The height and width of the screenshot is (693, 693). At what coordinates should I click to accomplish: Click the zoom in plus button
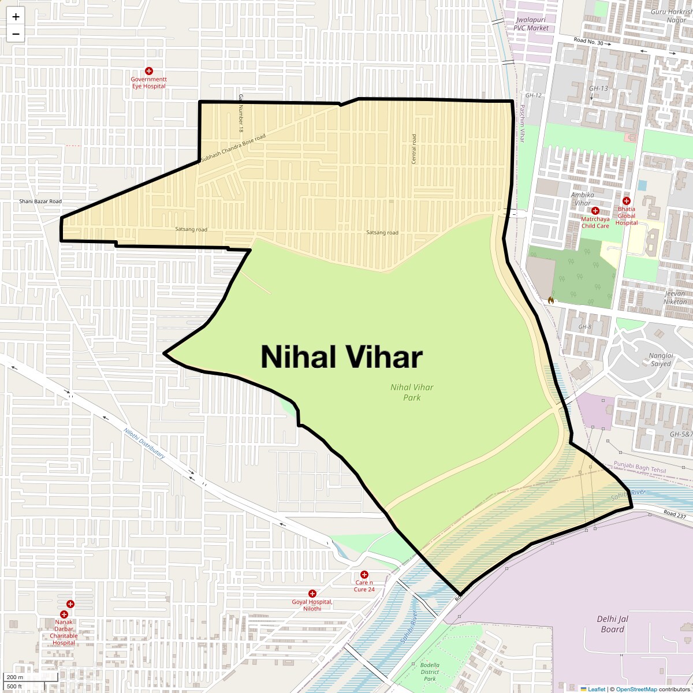tap(16, 17)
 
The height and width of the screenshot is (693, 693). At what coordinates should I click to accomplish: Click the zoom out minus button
tap(16, 33)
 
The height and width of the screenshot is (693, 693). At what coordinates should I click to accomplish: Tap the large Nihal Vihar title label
tap(341, 357)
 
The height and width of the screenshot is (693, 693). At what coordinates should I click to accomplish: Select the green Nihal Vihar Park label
tap(412, 392)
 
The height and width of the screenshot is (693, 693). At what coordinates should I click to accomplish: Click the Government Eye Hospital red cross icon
tap(149, 70)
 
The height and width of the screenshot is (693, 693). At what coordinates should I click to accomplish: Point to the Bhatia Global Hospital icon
tap(626, 201)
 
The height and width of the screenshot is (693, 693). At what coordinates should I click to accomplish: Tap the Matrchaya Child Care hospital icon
tap(595, 211)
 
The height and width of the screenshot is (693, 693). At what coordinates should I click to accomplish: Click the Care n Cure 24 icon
tap(364, 575)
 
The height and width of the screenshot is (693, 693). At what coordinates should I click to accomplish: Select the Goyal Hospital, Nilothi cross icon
tap(312, 594)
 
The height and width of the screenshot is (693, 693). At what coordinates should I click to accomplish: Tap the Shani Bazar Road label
tap(40, 202)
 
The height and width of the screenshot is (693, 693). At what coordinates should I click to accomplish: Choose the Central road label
tap(413, 149)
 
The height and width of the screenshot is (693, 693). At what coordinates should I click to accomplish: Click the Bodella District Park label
tap(430, 672)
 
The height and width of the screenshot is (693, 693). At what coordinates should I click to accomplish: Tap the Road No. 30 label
tap(588, 43)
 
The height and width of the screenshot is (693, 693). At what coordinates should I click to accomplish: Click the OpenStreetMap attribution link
tap(636, 689)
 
